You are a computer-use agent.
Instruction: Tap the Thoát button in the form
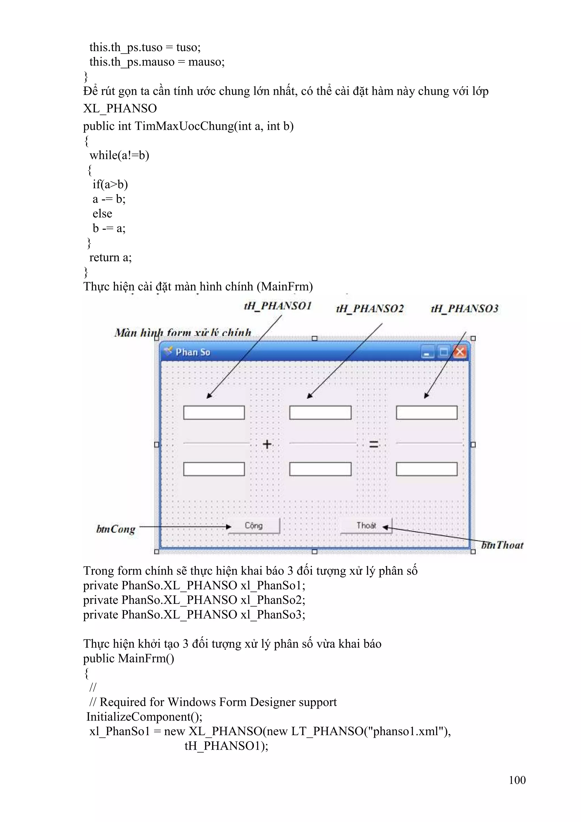click(366, 526)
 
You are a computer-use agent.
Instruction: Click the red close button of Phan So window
click(460, 352)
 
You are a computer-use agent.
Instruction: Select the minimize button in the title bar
click(427, 352)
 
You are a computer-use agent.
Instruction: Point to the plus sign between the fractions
click(267, 444)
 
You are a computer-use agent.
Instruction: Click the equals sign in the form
click(373, 444)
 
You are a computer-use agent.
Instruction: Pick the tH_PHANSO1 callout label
click(278, 306)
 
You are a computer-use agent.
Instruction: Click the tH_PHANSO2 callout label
click(370, 309)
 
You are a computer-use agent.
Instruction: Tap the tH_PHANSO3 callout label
click(465, 309)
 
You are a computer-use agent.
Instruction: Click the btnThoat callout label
click(502, 545)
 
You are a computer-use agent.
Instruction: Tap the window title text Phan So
click(193, 352)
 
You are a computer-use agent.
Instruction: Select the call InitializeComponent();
click(144, 716)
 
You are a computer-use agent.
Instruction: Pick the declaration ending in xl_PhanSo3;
click(194, 614)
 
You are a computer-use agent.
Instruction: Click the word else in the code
click(102, 214)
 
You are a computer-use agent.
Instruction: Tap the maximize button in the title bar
click(443, 352)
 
